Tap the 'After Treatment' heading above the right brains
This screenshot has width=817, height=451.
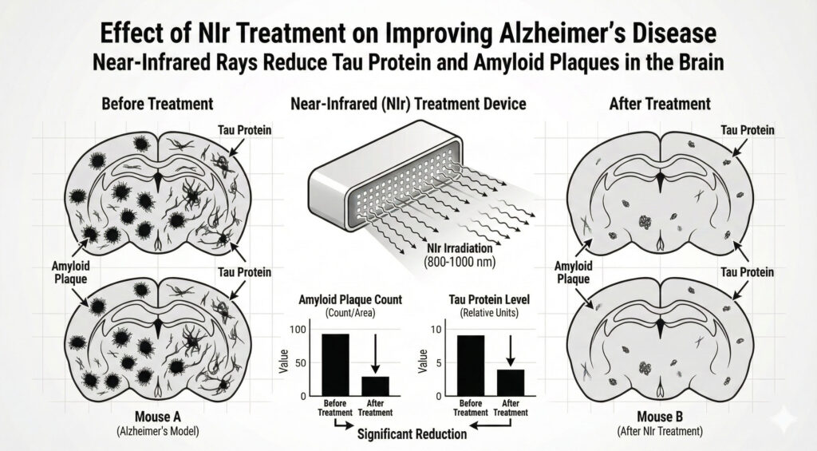pyautogui.click(x=659, y=104)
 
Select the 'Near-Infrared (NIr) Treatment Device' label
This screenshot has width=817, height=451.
pyautogui.click(x=408, y=104)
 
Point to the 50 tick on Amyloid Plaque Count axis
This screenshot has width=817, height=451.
pyautogui.click(x=302, y=363)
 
